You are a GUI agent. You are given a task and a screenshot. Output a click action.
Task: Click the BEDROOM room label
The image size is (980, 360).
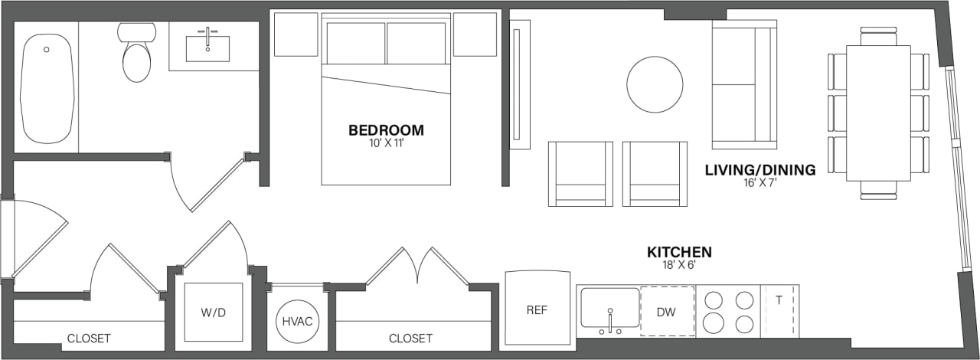click(386, 130)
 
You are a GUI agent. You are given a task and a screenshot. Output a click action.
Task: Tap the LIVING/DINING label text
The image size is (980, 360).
click(759, 170)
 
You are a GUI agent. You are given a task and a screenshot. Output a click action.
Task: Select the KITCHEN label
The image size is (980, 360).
click(680, 252)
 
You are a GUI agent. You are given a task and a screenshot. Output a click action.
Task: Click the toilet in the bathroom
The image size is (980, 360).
click(137, 55)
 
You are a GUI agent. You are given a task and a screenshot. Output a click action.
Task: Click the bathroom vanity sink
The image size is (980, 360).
click(207, 47)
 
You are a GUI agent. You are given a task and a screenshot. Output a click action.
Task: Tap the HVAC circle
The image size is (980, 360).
click(296, 320)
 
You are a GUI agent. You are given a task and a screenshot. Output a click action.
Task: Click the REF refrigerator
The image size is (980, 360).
click(537, 311)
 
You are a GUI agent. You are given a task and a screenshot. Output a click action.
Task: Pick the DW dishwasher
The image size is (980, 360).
click(667, 312)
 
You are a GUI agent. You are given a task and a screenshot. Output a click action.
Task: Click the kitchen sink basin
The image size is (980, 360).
click(609, 308)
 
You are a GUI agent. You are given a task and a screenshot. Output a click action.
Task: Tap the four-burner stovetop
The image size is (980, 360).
click(727, 311)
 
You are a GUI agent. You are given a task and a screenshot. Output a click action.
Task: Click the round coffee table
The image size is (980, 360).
click(655, 84)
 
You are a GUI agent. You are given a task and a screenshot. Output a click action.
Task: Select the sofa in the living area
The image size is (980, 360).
click(743, 84)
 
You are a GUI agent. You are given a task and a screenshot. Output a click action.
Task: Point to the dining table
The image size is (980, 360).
click(878, 113)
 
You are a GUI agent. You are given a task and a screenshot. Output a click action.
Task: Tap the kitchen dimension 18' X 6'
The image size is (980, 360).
click(680, 264)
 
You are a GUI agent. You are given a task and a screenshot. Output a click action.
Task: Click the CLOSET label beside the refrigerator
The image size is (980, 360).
click(410, 338)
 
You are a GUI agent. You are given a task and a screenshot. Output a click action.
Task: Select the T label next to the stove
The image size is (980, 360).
click(779, 300)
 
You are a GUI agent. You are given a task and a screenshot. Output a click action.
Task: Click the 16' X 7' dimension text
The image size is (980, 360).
click(759, 182)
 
